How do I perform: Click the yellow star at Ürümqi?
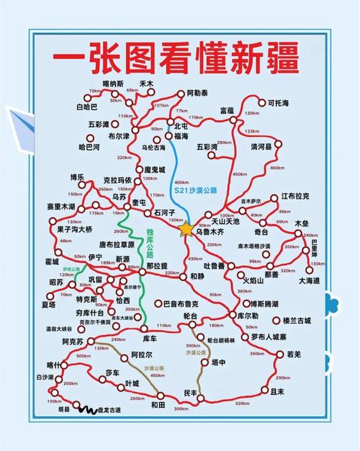(x=186, y=229)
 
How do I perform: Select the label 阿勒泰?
(x=197, y=93)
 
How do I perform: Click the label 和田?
(x=158, y=406)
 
